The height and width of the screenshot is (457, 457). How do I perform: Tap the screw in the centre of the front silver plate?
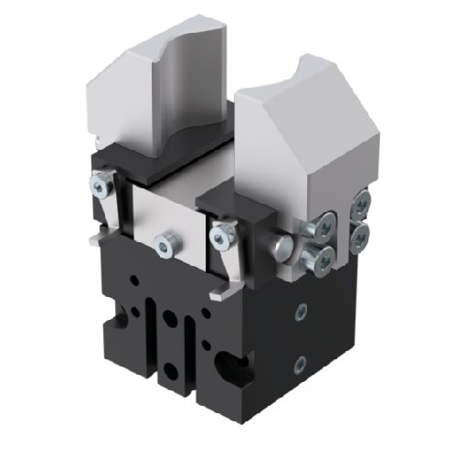click(166, 243)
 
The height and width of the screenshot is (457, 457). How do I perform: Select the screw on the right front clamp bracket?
click(221, 238)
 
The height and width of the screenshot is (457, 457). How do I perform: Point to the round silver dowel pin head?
click(281, 245)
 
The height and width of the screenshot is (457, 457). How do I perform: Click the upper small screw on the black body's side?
click(299, 311)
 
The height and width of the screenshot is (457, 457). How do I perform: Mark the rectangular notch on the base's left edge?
click(115, 321)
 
